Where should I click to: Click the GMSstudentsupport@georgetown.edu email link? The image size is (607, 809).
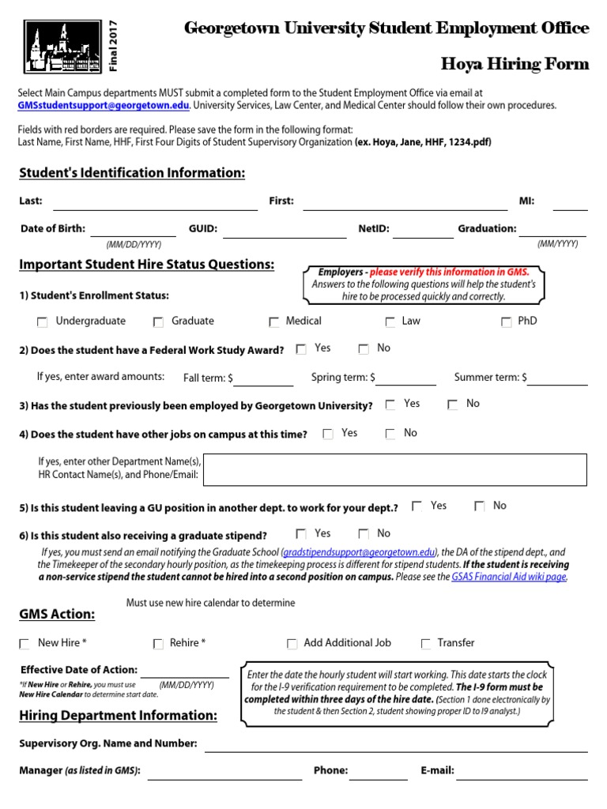click(x=104, y=105)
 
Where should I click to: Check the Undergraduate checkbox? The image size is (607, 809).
click(x=42, y=322)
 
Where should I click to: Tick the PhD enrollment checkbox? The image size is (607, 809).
click(x=507, y=322)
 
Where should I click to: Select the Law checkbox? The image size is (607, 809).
click(x=390, y=322)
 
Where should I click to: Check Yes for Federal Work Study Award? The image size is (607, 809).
click(x=301, y=349)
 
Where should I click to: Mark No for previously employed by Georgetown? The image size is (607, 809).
click(x=452, y=405)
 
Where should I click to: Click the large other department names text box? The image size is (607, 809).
click(x=395, y=469)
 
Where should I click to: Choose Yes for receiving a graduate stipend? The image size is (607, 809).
click(x=301, y=535)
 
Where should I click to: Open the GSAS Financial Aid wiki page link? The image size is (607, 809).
click(x=509, y=578)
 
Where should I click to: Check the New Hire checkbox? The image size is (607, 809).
click(x=25, y=645)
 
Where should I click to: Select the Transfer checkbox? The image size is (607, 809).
click(x=427, y=645)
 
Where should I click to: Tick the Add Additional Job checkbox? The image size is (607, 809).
click(x=292, y=645)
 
